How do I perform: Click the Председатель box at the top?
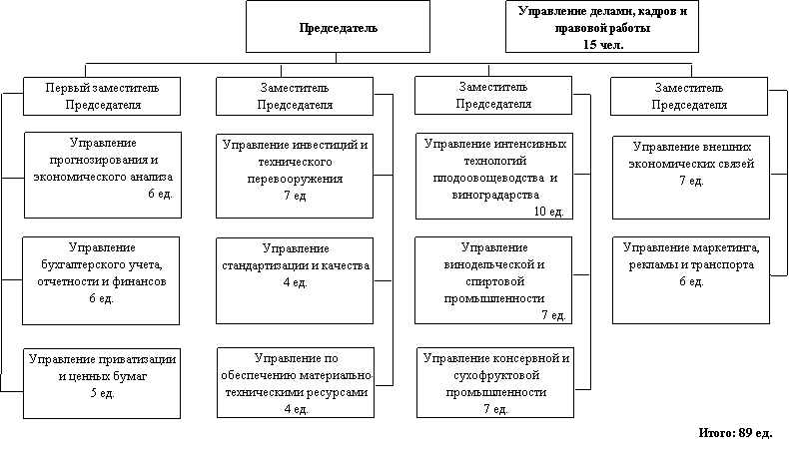(338, 26)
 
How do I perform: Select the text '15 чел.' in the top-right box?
(603, 45)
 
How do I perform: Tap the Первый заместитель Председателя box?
(102, 96)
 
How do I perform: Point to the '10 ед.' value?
(548, 212)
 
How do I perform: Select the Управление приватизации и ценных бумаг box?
(102, 383)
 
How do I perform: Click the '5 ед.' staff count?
(103, 393)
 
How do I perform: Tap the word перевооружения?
(295, 179)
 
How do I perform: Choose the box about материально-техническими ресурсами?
(296, 382)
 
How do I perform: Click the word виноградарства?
(495, 196)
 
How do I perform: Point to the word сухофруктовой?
(496, 375)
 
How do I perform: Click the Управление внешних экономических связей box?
(691, 178)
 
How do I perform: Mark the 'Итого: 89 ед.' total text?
(735, 433)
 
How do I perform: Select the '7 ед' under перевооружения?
(295, 196)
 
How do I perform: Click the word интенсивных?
(530, 144)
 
